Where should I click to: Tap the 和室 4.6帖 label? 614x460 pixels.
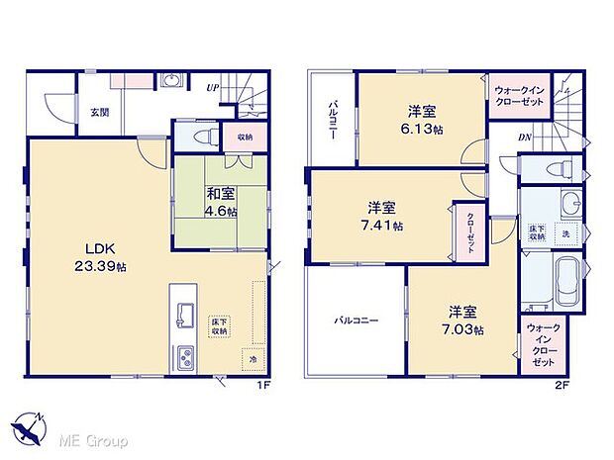pyautogui.click(x=219, y=204)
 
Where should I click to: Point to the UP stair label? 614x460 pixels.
pyautogui.click(x=212, y=88)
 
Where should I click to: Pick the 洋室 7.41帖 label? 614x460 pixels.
pyautogui.click(x=382, y=217)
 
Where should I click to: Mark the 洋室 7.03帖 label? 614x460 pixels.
pyautogui.click(x=460, y=320)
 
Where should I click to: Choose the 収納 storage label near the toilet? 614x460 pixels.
pyautogui.click(x=244, y=137)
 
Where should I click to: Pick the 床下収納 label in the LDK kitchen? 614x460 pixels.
pyautogui.click(x=219, y=327)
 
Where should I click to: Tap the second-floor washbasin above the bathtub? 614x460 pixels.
pyautogui.click(x=566, y=204)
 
